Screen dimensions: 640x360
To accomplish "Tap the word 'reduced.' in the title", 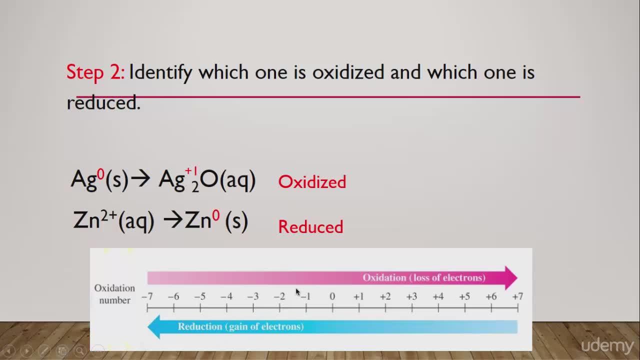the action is [x=103, y=103].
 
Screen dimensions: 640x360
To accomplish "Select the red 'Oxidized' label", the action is [x=312, y=181].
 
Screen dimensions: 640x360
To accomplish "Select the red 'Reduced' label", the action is [x=310, y=227].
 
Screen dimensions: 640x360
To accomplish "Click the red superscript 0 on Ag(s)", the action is [x=101, y=174].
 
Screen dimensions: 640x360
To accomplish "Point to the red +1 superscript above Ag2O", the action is [x=191, y=171].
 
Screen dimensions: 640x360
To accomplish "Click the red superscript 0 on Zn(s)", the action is [x=216, y=215].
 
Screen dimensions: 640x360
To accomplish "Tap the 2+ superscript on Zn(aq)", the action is [x=109, y=215].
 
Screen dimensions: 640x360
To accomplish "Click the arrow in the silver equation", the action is [x=140, y=179].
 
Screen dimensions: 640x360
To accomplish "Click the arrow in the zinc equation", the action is [x=173, y=220].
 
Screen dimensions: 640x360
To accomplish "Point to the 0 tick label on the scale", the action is [x=332, y=296].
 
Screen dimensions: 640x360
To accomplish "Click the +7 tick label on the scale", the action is [x=517, y=296].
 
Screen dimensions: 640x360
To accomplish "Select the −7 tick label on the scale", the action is [x=147, y=296].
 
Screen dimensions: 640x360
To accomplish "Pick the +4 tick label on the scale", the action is [x=438, y=296].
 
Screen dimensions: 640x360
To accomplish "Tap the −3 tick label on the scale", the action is [x=253, y=296].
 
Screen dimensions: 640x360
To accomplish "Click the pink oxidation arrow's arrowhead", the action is [x=511, y=278].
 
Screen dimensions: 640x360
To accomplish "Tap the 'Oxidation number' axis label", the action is [x=114, y=294].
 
